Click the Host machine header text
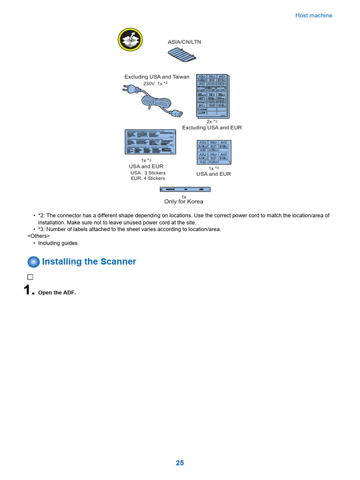pyautogui.click(x=314, y=15)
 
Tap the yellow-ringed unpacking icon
pyautogui.click(x=130, y=40)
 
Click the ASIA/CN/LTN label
pyautogui.click(x=184, y=42)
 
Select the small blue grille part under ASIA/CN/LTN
pyautogui.click(x=182, y=55)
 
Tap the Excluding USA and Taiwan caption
pyautogui.click(x=157, y=77)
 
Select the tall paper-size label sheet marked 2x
pyautogui.click(x=212, y=95)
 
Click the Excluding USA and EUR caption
pyautogui.click(x=212, y=127)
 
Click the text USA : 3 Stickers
pyautogui.click(x=148, y=172)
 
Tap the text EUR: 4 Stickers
pyautogui.click(x=148, y=178)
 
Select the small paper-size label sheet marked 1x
pyautogui.click(x=214, y=152)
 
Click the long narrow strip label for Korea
pyautogui.click(x=185, y=189)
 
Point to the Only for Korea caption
pyautogui.click(x=183, y=202)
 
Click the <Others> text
pyautogui.click(x=38, y=236)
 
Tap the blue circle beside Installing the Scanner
pyautogui.click(x=34, y=262)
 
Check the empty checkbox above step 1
pyautogui.click(x=30, y=277)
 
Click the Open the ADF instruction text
pyautogui.click(x=57, y=292)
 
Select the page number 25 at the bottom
pyautogui.click(x=180, y=463)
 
